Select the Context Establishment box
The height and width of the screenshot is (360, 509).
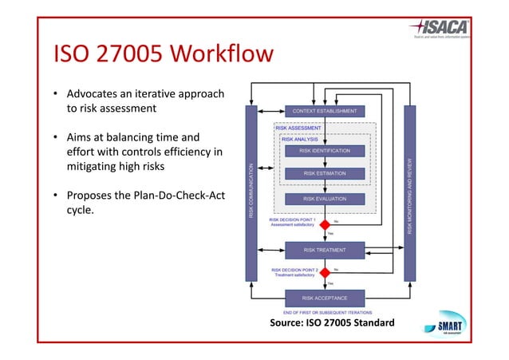click(x=325, y=111)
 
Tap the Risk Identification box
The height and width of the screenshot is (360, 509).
click(x=325, y=150)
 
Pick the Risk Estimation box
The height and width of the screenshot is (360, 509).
click(x=325, y=173)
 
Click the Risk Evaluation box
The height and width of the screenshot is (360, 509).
click(x=325, y=199)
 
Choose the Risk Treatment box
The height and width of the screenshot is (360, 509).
click(x=325, y=250)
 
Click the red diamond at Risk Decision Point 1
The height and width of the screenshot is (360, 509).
click(x=325, y=225)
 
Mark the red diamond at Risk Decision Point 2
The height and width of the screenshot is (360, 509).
click(x=325, y=273)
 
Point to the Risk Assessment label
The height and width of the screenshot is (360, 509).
click(x=298, y=128)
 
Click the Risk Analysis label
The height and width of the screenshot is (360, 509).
click(x=300, y=139)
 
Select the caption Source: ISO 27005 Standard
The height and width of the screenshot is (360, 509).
click(x=332, y=322)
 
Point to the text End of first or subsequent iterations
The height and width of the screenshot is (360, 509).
click(x=327, y=311)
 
